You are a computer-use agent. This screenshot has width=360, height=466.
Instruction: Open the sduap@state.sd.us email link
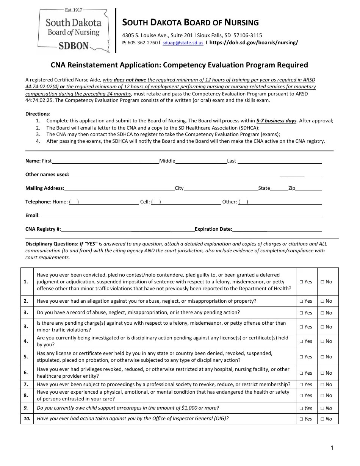[x=183, y=43]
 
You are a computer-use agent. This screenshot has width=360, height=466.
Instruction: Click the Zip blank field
[x=308, y=189]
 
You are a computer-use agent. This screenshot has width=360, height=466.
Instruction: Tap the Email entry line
[x=181, y=216]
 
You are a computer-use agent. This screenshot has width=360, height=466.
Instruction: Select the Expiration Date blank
[x=277, y=230]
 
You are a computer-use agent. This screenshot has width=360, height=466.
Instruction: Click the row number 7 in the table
[x=26, y=384]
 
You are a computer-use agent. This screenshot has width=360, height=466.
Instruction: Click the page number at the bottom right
[x=332, y=448]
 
